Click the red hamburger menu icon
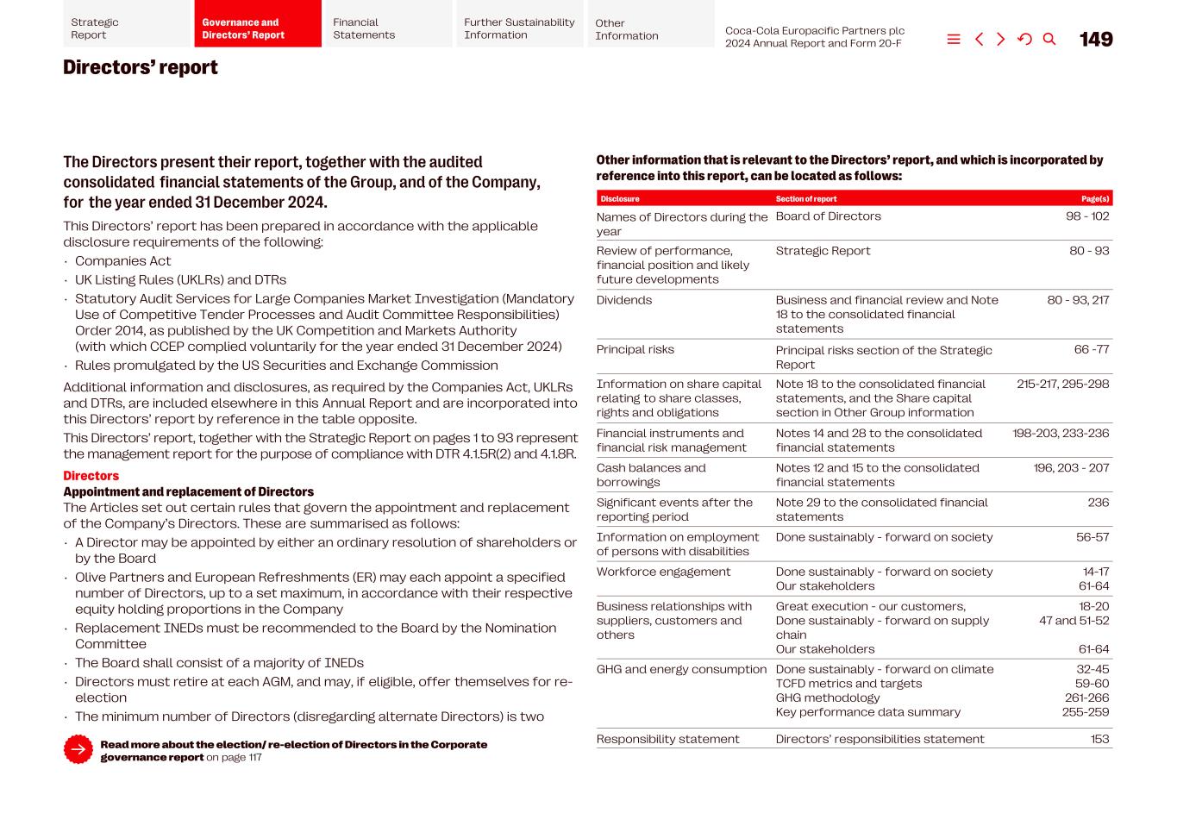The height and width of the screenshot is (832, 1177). point(954,40)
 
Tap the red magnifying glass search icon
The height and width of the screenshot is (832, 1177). point(1049,40)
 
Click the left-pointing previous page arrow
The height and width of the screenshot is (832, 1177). point(979,40)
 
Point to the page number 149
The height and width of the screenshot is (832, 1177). point(1096,40)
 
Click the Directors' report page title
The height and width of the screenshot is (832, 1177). point(141,68)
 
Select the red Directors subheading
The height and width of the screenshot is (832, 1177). point(91,476)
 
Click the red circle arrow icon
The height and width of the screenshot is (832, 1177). point(78,749)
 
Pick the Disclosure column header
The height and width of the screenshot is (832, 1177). point(620,199)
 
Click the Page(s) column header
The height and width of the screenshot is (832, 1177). point(1095,199)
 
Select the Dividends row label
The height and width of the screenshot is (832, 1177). point(624,300)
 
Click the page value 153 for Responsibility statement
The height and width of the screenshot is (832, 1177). point(1099,739)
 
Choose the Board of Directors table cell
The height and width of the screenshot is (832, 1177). point(828,216)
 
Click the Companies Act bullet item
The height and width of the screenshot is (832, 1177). point(122,261)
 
